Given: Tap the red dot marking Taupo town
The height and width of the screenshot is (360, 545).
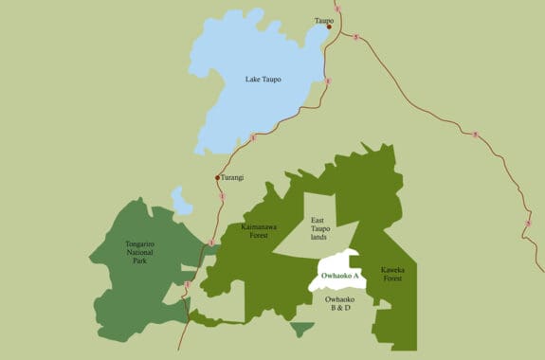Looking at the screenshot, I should click(329, 27).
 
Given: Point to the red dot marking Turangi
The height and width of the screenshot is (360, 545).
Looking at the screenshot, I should click(217, 177).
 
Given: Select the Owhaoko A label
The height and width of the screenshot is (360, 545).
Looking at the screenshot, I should click(337, 276).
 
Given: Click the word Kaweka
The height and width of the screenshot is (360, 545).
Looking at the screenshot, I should click(391, 270).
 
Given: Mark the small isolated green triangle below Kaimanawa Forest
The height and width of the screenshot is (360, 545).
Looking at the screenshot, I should click(302, 329).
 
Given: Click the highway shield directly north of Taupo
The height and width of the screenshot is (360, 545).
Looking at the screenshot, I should click(336, 9).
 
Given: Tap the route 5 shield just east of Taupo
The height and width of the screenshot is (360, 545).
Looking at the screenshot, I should click(354, 37).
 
